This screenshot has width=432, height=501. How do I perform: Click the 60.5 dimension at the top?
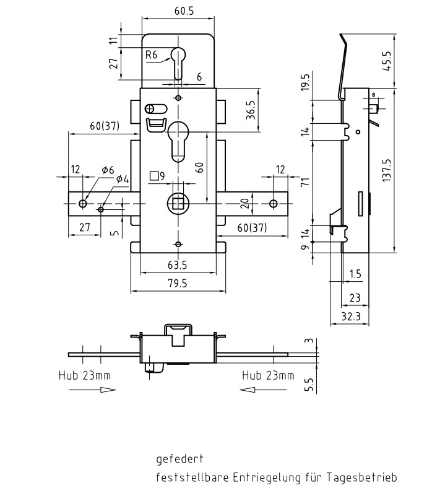178,11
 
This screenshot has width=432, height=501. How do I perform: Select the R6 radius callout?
152,55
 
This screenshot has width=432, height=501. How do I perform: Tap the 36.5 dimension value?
251,112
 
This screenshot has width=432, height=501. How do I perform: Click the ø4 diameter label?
123,180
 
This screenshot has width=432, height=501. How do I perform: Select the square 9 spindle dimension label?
157,176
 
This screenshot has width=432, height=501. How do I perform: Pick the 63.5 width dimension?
177,265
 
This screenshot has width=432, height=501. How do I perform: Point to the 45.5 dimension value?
387,61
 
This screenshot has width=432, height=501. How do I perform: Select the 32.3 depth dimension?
350,316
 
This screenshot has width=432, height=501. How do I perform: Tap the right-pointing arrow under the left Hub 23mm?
91,390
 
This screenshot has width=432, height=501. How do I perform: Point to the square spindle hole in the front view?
178,203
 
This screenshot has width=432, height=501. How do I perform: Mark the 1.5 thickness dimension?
355,273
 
